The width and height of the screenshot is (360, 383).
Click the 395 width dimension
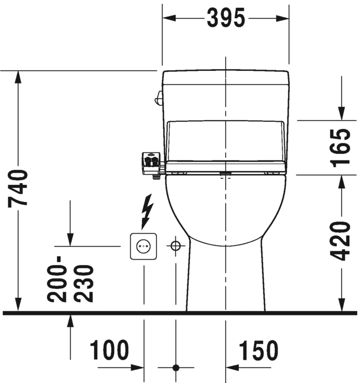coord(226,18)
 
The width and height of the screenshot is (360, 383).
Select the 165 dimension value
coord(341,148)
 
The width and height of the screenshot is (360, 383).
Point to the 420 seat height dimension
coord(341,241)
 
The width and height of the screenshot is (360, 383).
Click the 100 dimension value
coord(109,350)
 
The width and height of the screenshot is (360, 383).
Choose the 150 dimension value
coord(258,350)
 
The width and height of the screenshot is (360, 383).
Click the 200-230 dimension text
coord(70,279)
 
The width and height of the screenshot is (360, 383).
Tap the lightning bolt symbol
coord(147,211)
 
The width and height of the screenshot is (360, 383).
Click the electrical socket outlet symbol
coord(143,246)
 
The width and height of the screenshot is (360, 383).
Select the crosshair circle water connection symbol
coord(175,246)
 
